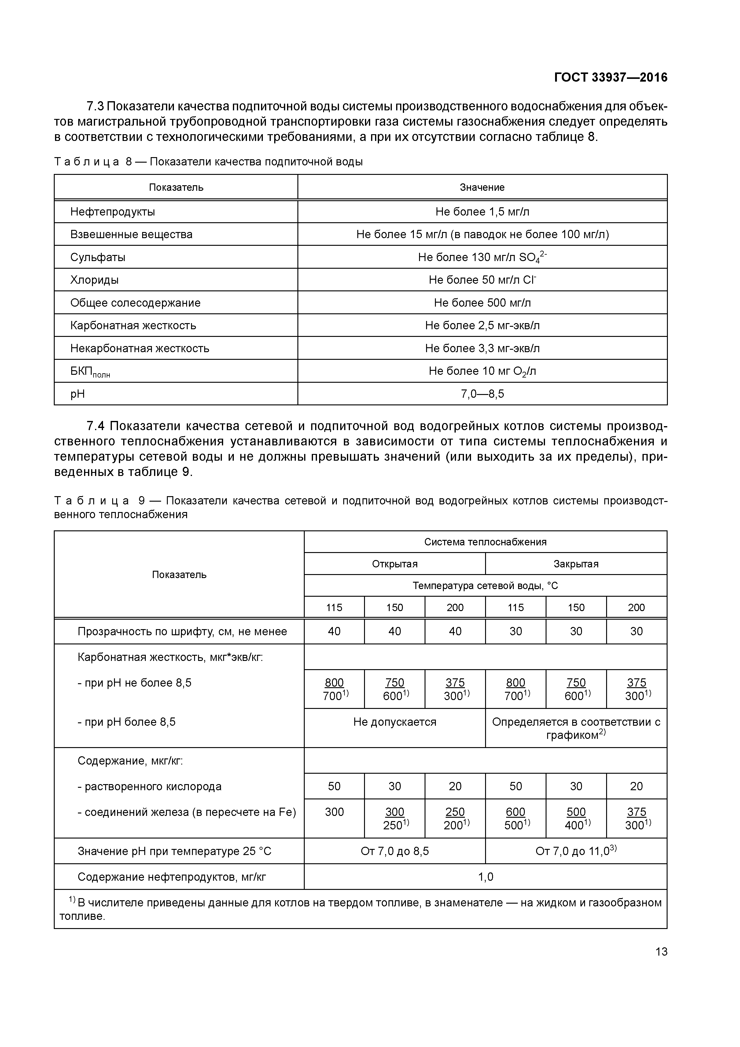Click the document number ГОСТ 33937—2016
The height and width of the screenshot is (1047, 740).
point(610,78)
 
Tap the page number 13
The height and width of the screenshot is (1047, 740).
point(661,952)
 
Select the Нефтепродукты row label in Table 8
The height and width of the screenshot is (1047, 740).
point(112,212)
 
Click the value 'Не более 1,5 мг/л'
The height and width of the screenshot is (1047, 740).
point(482,212)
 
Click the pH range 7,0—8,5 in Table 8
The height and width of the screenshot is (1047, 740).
point(482,393)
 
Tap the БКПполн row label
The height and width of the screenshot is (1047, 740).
point(90,372)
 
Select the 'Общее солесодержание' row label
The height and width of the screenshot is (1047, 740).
point(135,303)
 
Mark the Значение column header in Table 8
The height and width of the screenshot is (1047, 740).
point(482,187)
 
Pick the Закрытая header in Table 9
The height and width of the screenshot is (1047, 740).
point(576,564)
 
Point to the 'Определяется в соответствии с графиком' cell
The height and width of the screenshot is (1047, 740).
point(576,728)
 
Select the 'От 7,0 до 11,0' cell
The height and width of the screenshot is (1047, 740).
point(576,851)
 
